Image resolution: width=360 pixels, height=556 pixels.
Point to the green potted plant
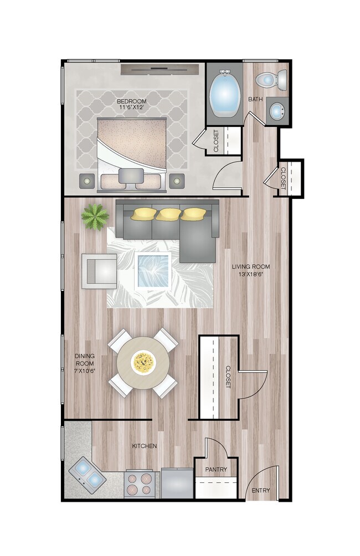(95, 216)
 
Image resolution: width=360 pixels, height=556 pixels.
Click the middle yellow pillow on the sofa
(167, 214)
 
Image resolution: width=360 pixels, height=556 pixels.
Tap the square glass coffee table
(153, 270)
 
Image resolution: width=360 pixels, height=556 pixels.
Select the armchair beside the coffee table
(99, 271)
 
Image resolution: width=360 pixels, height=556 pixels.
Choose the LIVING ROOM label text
(251, 270)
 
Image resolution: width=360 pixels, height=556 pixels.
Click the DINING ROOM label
(85, 363)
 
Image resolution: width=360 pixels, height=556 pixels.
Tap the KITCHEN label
(144, 446)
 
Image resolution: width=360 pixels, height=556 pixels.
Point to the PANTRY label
(216, 470)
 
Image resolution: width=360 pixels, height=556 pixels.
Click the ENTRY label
(260, 491)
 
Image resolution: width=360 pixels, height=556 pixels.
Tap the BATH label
(255, 100)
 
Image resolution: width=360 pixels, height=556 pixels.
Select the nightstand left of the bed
(88, 181)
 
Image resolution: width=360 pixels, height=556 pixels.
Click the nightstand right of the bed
(177, 181)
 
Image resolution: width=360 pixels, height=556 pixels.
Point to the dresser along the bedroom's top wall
(160, 69)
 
